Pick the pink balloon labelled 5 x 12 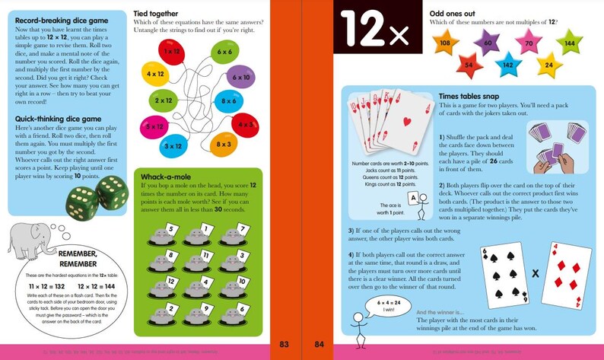154,126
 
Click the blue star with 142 506,66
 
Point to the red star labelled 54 470,66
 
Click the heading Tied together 162,13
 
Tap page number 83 284,345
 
